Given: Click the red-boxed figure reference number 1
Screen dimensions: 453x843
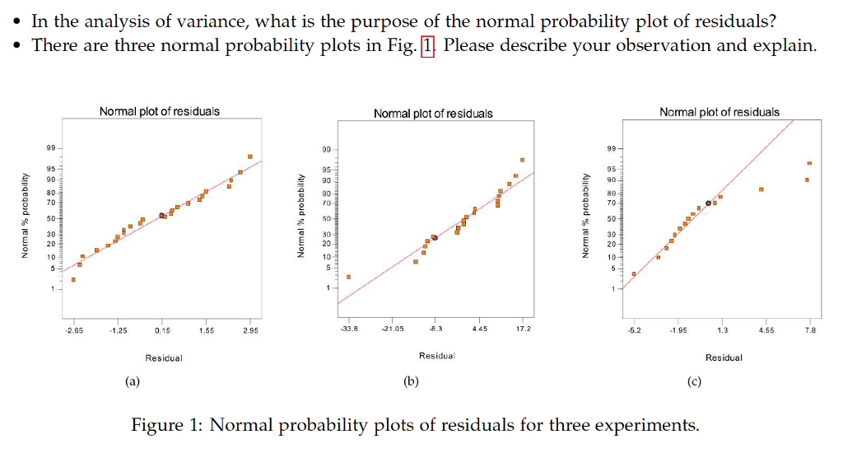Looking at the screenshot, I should pyautogui.click(x=426, y=45).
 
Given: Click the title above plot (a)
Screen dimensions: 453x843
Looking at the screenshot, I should pyautogui.click(x=159, y=111).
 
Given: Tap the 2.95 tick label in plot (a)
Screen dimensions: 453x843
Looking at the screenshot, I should pyautogui.click(x=250, y=330).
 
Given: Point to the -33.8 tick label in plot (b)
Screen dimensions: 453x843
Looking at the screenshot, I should pyautogui.click(x=349, y=329).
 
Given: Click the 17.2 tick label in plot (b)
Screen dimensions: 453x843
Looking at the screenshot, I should pyautogui.click(x=523, y=329).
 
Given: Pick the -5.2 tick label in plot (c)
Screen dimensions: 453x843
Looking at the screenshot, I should pyautogui.click(x=635, y=330).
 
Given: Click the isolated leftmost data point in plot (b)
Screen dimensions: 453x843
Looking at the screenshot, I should pyautogui.click(x=349, y=277).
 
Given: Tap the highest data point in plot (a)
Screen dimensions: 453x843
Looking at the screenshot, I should pyautogui.click(x=250, y=156).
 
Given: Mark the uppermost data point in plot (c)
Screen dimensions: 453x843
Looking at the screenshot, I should pyautogui.click(x=809, y=163).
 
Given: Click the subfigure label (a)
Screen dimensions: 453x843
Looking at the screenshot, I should pyautogui.click(x=133, y=381).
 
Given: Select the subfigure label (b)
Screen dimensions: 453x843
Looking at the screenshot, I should pyautogui.click(x=411, y=381).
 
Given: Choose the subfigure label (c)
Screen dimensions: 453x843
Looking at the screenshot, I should pyautogui.click(x=694, y=381).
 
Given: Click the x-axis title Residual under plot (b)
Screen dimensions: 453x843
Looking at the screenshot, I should pyautogui.click(x=436, y=356).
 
